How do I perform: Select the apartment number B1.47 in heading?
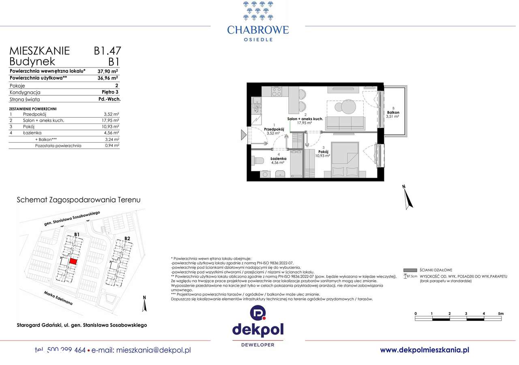[107, 51]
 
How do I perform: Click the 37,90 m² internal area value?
[107, 71]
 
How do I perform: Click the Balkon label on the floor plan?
[393, 112]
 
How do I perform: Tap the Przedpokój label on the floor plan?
[274, 129]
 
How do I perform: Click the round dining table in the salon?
[347, 108]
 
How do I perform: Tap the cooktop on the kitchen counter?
[276, 92]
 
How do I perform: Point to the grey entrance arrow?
[243, 135]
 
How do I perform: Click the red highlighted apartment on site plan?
[73, 261]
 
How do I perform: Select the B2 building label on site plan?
[127, 238]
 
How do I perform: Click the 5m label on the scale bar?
[500, 313]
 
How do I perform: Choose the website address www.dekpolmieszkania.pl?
[424, 350]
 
